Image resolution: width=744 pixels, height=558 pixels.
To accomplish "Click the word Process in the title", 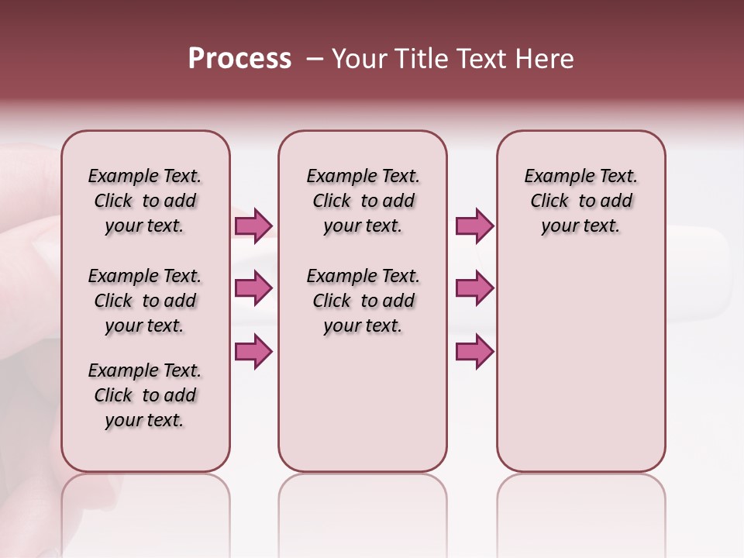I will click(x=239, y=59).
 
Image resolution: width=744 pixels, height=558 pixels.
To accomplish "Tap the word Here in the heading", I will click(x=544, y=59).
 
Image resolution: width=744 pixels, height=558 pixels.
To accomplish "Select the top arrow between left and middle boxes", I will click(x=253, y=226).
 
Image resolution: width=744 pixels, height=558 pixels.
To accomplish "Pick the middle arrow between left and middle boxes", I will click(x=253, y=288).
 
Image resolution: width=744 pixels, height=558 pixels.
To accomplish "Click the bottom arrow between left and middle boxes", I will click(x=253, y=352).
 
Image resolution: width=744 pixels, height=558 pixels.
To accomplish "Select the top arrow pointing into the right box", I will click(x=474, y=226).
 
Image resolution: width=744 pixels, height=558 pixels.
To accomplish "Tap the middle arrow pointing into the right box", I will click(x=474, y=288).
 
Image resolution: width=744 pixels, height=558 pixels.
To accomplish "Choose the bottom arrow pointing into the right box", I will click(x=474, y=352).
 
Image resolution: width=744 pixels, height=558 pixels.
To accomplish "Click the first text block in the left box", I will click(x=145, y=201).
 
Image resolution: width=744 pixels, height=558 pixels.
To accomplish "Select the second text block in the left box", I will click(x=145, y=301).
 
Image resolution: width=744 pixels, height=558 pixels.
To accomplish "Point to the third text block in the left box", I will click(x=145, y=395).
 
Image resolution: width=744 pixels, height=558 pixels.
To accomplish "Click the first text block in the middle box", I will click(x=363, y=201).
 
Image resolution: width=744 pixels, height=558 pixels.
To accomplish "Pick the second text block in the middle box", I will click(x=363, y=301).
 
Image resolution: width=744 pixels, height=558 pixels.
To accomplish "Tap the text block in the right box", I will click(x=581, y=201).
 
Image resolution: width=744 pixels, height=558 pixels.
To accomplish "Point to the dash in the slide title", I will click(x=315, y=59).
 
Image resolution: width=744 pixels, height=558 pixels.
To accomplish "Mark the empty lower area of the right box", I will click(x=581, y=364).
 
